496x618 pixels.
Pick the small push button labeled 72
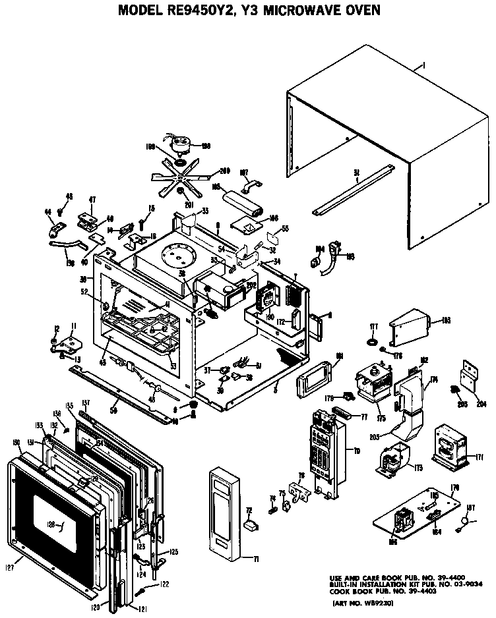pos(249,526)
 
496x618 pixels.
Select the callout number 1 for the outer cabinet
pos(422,65)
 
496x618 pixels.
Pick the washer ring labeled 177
pos(372,343)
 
